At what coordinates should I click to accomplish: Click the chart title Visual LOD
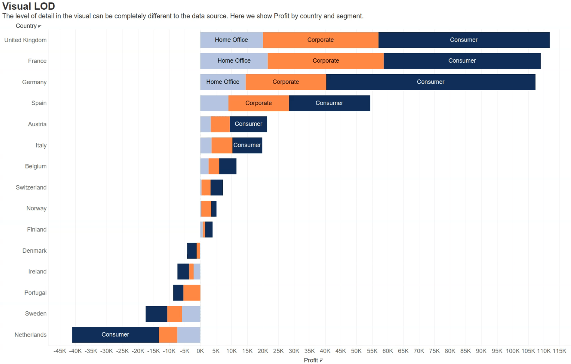(x=29, y=6)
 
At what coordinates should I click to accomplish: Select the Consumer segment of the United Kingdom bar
(x=464, y=40)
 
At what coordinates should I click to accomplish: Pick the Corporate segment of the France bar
(x=326, y=61)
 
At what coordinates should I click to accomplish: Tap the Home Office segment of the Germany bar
(x=223, y=82)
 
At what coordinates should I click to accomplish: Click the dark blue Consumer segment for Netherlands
(x=115, y=335)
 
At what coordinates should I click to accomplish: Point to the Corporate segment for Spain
(x=258, y=103)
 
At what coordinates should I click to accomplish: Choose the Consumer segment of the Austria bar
(x=248, y=124)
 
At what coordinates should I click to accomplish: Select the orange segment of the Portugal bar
(x=192, y=293)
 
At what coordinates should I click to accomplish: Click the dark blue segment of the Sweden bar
(x=156, y=314)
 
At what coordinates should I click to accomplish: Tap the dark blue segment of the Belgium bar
(x=228, y=166)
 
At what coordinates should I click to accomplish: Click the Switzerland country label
(x=31, y=187)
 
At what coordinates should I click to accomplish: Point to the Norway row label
(x=36, y=209)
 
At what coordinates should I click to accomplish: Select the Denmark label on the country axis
(x=35, y=251)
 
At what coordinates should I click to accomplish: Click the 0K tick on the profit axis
(x=200, y=351)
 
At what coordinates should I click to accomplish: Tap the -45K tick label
(x=60, y=351)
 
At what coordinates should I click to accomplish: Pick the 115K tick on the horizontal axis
(x=559, y=351)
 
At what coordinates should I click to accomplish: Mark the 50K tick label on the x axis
(x=356, y=351)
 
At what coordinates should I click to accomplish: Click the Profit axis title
(x=311, y=360)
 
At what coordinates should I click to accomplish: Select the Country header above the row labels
(x=26, y=26)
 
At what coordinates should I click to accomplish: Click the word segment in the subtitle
(x=349, y=16)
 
